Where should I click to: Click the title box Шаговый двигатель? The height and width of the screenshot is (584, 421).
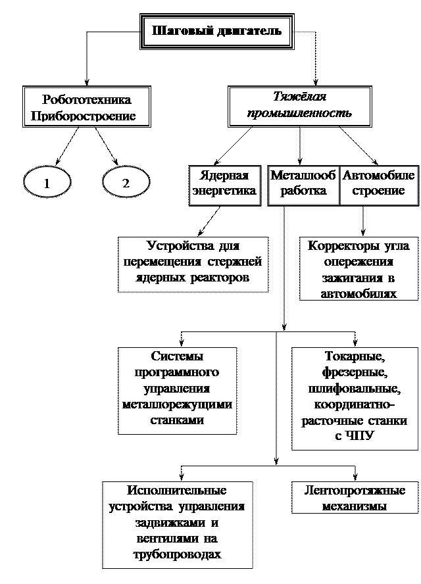pos(216,31)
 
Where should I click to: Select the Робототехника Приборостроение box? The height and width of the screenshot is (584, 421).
pos(86,108)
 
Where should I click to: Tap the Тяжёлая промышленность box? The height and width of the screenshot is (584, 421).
pos(299,105)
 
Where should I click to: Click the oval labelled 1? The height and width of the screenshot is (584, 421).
pos(47,183)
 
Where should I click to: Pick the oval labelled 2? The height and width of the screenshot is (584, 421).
pos(126,183)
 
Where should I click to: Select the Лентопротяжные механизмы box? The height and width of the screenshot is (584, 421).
pos(355,498)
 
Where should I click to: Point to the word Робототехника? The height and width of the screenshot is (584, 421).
pos(86,100)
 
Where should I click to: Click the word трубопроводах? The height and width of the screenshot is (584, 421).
pos(177,554)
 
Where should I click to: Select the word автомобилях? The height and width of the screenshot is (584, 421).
pos(358,293)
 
